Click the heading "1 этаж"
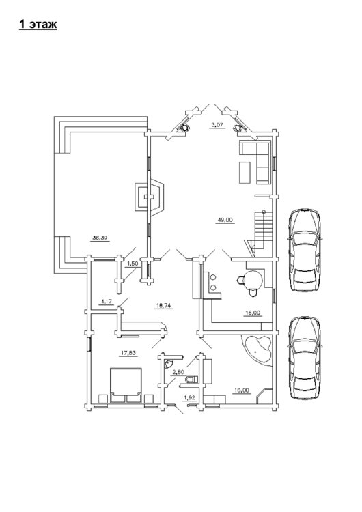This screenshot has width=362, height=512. [x=38, y=24]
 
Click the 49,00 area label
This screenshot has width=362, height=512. [x=225, y=220]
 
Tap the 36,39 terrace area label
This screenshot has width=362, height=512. [x=100, y=238]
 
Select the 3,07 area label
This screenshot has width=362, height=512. [x=217, y=124]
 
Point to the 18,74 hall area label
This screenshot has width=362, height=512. [x=164, y=306]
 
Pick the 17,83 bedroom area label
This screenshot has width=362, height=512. [x=128, y=353]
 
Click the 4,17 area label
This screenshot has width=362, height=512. [x=107, y=302]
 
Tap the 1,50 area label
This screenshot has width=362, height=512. [x=133, y=264]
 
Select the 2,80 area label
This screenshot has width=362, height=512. [x=178, y=372]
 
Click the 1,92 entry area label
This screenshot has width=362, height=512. [x=189, y=398]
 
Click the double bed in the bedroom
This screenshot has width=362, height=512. [x=126, y=386]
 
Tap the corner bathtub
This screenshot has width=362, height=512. [x=257, y=350]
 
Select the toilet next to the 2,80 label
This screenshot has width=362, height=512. [x=191, y=380]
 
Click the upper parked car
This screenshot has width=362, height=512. [x=304, y=250]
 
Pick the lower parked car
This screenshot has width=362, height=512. [x=304, y=358]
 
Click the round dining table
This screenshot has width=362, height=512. [x=253, y=280]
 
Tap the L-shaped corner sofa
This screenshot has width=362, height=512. [x=256, y=162]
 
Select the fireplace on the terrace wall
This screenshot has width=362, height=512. [x=150, y=197]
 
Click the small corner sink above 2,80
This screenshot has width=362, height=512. [x=169, y=362]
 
